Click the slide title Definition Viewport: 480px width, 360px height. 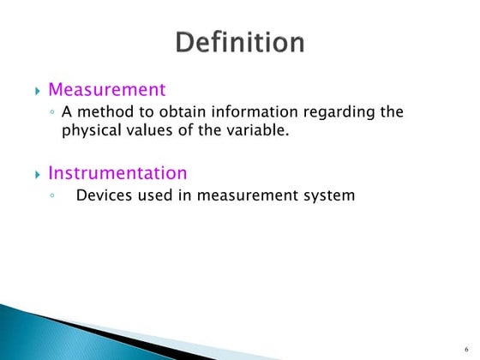pyautogui.click(x=239, y=42)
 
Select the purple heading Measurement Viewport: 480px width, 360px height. pyautogui.click(x=106, y=89)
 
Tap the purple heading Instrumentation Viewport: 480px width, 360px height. pyautogui.click(x=117, y=173)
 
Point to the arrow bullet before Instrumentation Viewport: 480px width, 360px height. pyautogui.click(x=38, y=175)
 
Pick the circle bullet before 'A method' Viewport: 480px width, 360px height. pyautogui.click(x=53, y=113)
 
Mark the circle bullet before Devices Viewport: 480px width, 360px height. pyautogui.click(x=53, y=196)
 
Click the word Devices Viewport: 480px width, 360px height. pyautogui.click(x=103, y=195)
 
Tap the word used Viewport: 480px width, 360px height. pyautogui.click(x=153, y=195)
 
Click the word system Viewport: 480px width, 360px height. pyautogui.click(x=330, y=196)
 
